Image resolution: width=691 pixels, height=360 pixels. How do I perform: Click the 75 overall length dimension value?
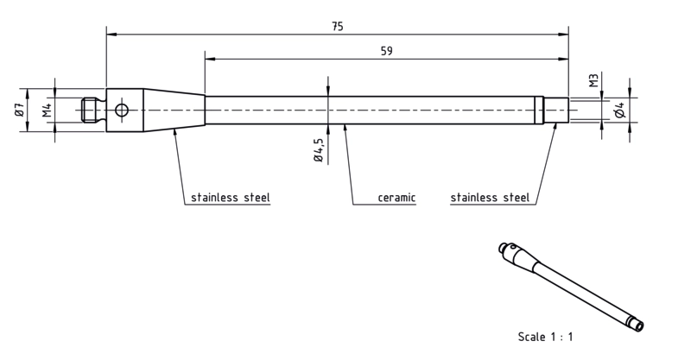(337, 27)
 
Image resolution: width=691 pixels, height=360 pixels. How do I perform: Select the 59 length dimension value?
(386, 51)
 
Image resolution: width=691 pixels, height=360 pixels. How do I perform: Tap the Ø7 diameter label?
(19, 110)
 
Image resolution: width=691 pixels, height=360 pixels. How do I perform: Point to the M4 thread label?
(48, 110)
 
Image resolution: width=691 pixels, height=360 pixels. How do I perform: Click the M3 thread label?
(594, 80)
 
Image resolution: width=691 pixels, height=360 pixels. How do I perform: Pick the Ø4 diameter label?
(620, 111)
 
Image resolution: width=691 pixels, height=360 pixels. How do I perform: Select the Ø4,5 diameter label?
(318, 150)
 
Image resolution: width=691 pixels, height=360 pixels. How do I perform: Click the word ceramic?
(396, 198)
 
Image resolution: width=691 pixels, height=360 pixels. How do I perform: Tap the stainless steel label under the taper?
(231, 197)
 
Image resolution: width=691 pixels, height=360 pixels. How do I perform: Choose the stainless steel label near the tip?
(490, 197)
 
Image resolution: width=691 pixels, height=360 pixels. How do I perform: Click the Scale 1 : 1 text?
(546, 337)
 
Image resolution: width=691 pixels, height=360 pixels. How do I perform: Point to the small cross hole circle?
(122, 110)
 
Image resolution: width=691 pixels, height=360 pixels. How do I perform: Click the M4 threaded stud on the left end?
(93, 110)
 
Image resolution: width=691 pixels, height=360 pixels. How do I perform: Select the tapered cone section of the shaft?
(174, 110)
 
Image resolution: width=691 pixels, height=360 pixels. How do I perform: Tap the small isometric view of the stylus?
(571, 287)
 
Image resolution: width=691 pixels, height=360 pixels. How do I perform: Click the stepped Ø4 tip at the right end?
(555, 110)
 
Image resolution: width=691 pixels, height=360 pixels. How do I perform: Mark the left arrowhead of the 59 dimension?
(210, 59)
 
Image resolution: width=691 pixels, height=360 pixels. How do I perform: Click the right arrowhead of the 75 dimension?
(563, 34)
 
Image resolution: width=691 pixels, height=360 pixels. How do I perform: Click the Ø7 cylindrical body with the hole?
(124, 110)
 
